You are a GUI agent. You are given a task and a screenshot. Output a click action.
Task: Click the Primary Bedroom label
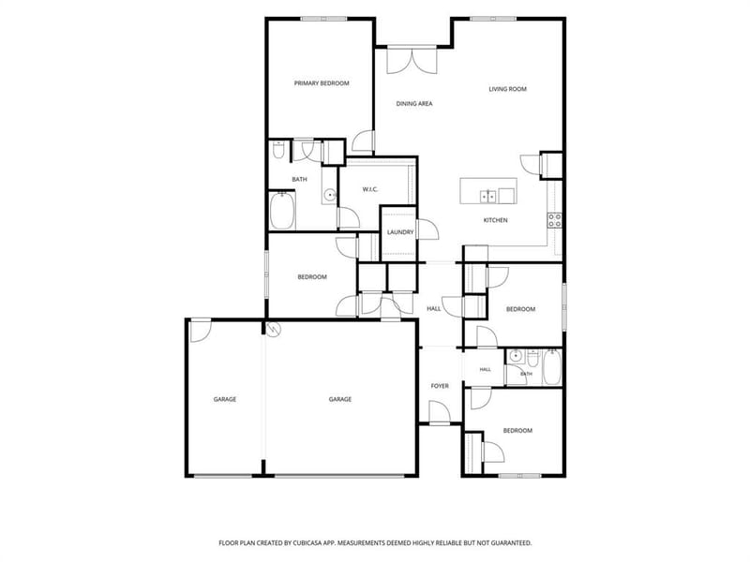coord(322,83)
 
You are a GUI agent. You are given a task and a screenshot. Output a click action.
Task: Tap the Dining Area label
coord(414,103)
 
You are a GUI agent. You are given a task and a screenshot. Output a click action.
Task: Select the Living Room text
coord(507,89)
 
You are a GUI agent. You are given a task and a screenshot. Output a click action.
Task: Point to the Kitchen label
coord(495,220)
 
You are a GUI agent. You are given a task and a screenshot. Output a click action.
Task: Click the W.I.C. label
coord(369,189)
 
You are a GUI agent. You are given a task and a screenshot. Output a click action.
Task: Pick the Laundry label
coord(400,232)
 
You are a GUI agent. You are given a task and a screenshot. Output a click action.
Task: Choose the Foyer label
coord(440,386)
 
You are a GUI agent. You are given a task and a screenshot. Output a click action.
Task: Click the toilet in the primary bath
coord(277,150)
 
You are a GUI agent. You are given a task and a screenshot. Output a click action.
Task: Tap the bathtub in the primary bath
coord(282,211)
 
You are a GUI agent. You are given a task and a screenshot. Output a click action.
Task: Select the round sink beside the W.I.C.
coord(330,195)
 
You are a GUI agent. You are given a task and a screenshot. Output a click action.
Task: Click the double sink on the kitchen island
coord(487,196)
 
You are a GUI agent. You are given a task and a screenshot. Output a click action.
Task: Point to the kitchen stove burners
coord(555,220)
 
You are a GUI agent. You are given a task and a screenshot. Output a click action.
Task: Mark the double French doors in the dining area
coord(412,61)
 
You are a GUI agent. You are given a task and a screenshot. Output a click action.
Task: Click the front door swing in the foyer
coord(440,413)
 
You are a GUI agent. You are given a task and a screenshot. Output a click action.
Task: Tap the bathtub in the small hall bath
coord(551,367)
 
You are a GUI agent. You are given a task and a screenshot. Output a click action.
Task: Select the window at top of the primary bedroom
coord(323,19)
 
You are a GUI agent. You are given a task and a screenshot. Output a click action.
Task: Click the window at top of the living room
coord(493,19)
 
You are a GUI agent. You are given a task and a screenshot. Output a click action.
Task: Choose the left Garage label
coord(225,400)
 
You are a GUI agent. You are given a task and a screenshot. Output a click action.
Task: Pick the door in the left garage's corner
coord(201,331)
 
